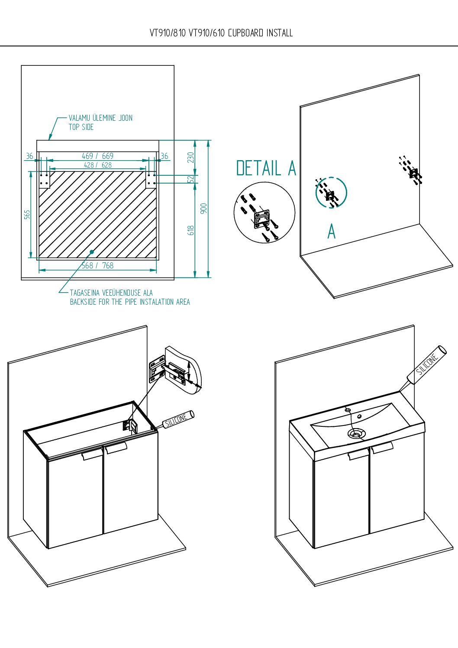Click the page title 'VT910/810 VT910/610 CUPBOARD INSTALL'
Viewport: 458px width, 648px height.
tap(221, 33)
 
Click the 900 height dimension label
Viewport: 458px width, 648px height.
tap(204, 208)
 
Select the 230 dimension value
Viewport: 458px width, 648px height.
tap(191, 157)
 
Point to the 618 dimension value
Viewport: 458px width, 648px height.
tap(191, 230)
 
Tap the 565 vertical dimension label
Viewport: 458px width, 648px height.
tap(27, 215)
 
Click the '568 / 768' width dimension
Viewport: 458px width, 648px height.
tap(97, 265)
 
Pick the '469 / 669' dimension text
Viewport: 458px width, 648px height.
tap(97, 156)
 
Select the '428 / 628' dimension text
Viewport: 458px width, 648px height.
tap(97, 165)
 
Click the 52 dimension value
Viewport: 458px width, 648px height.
tap(191, 179)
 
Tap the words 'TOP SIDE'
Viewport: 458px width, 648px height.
tap(81, 127)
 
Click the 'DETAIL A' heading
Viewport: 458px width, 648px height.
tap(266, 168)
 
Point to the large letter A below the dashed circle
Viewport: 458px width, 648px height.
tap(331, 231)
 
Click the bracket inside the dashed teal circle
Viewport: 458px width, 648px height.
tap(330, 196)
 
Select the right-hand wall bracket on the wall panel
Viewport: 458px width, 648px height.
tap(414, 173)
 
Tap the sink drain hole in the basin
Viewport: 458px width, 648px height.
tap(357, 433)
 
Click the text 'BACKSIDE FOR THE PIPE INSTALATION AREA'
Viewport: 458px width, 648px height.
tap(130, 302)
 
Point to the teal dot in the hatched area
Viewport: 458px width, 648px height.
tap(92, 251)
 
